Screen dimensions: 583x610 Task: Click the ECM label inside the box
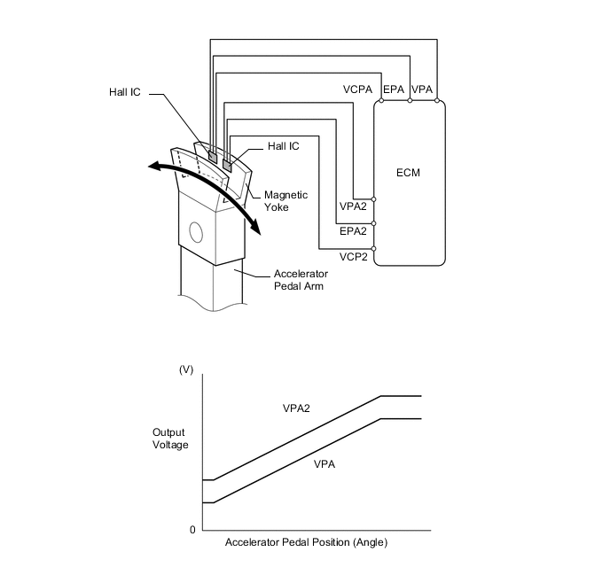(x=409, y=173)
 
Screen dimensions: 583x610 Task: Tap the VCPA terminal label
(x=359, y=89)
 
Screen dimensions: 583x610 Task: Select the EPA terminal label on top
(x=394, y=89)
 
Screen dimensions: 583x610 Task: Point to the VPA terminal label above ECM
(x=423, y=89)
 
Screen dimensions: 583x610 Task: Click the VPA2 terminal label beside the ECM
(x=354, y=206)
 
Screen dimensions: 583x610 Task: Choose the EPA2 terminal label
(x=354, y=231)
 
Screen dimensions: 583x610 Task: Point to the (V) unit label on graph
(x=186, y=369)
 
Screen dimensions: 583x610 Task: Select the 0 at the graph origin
(x=192, y=530)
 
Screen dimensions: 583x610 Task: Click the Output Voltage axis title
(x=170, y=439)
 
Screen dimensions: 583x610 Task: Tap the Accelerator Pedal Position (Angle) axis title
(x=306, y=542)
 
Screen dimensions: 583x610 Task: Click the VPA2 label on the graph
(x=297, y=409)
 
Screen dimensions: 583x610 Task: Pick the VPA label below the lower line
(x=325, y=463)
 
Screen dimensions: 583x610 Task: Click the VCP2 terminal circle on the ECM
(x=374, y=249)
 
